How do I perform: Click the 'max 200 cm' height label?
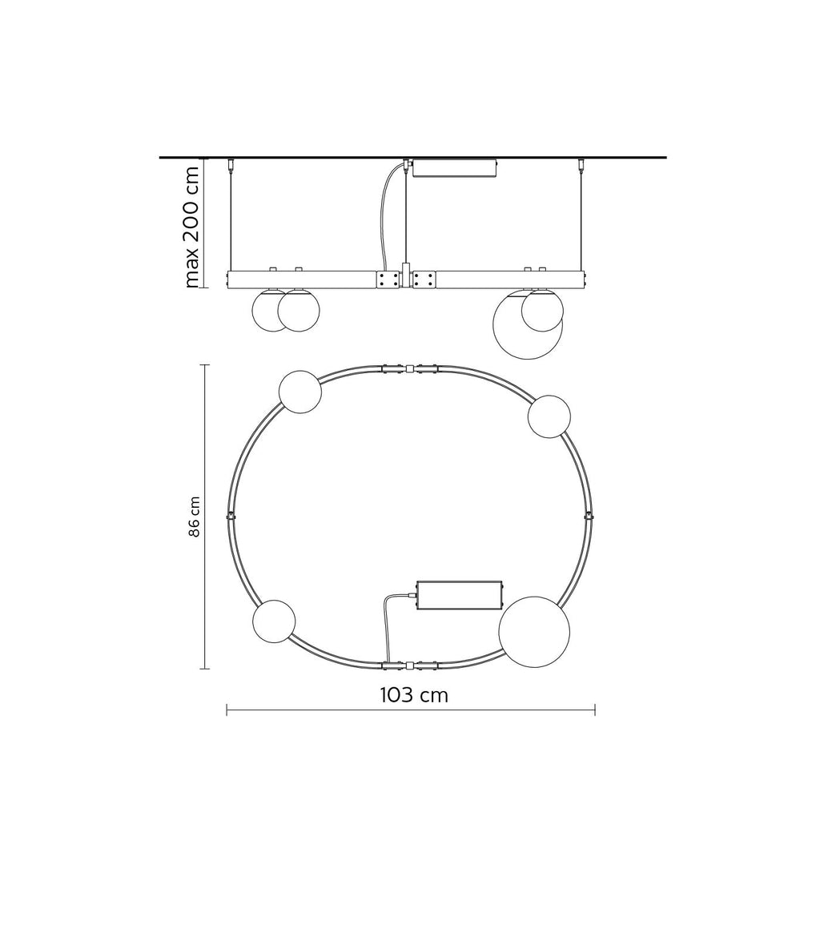(191, 227)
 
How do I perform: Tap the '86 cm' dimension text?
(195, 517)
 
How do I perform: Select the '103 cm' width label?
(413, 695)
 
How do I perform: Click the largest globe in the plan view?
(534, 631)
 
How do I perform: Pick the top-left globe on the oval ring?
(300, 392)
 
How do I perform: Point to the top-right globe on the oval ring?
(549, 416)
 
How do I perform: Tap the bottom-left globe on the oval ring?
(274, 621)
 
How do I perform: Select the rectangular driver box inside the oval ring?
(459, 595)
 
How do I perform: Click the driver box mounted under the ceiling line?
(454, 168)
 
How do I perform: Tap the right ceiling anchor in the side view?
(581, 166)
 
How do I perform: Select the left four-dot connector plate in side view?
(389, 279)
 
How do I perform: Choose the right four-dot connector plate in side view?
(424, 279)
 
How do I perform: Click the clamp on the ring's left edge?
(231, 516)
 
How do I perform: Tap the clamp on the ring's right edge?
(589, 516)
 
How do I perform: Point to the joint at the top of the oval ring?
(409, 368)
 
